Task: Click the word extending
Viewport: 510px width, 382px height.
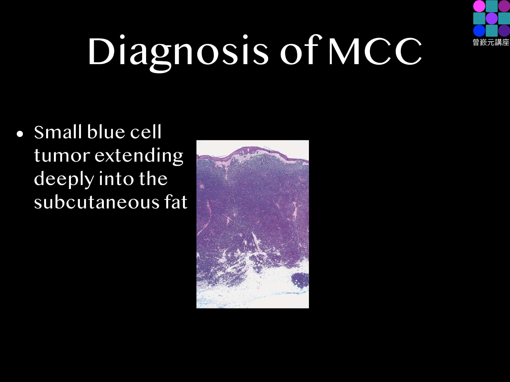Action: point(139,156)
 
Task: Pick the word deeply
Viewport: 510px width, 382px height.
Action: point(64,179)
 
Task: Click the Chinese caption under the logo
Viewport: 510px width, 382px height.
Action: point(491,42)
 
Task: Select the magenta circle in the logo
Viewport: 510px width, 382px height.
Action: point(479,6)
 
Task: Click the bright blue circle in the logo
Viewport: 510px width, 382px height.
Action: point(479,31)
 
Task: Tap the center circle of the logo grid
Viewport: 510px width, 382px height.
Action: point(492,18)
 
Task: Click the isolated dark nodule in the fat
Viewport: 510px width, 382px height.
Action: point(300,280)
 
